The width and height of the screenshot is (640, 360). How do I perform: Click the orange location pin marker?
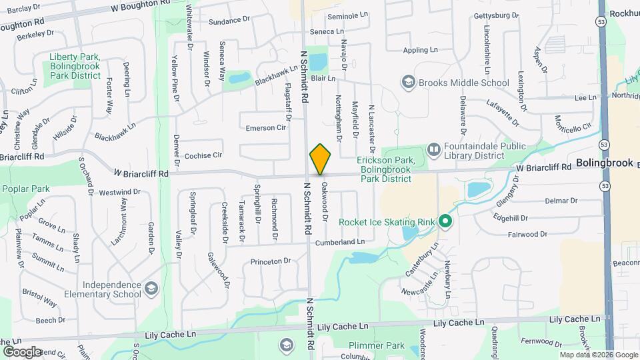click(x=320, y=159)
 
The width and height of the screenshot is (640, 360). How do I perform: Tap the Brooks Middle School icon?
click(x=407, y=83)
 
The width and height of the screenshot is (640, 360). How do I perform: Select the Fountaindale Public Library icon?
click(x=434, y=149)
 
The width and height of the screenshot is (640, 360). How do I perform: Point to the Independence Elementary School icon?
click(x=151, y=289)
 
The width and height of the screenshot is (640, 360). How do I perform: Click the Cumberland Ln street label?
click(x=341, y=242)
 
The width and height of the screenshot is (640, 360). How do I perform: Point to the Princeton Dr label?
click(x=271, y=261)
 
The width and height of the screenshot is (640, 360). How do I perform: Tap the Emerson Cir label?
click(x=265, y=127)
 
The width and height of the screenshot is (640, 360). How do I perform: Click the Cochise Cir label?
click(x=203, y=155)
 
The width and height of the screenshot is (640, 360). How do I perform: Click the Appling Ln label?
click(x=420, y=50)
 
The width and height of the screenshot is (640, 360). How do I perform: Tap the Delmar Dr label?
click(x=561, y=201)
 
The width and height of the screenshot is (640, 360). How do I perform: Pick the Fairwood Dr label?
click(x=527, y=234)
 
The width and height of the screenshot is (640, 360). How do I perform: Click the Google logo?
click(x=21, y=351)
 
